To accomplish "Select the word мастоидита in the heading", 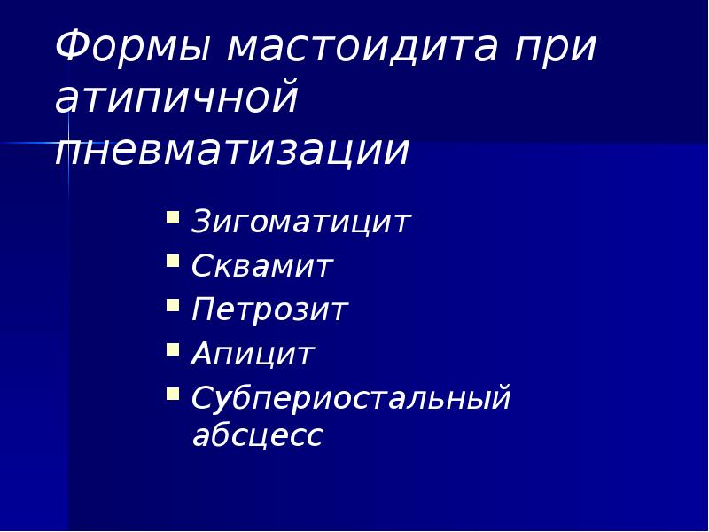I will point(363,47).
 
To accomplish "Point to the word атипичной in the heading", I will point(176,99).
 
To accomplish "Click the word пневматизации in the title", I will point(232,151).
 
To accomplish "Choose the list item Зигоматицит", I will point(301,223).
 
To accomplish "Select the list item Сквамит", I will point(262,266).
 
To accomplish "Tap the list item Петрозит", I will point(269,310).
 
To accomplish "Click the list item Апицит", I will point(253,355).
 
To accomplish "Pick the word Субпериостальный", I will point(352,399).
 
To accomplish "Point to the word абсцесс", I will point(257,435).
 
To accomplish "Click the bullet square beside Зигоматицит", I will point(173,216).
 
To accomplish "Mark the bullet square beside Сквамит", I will point(173,261).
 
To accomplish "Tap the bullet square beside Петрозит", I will point(173,305).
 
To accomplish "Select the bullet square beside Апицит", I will point(173,349).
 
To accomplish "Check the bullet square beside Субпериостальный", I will point(173,393).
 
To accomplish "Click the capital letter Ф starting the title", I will point(70,47).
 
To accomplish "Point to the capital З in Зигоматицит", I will point(202,223).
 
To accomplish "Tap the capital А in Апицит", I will point(203,355).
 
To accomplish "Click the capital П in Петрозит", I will point(204,310).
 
